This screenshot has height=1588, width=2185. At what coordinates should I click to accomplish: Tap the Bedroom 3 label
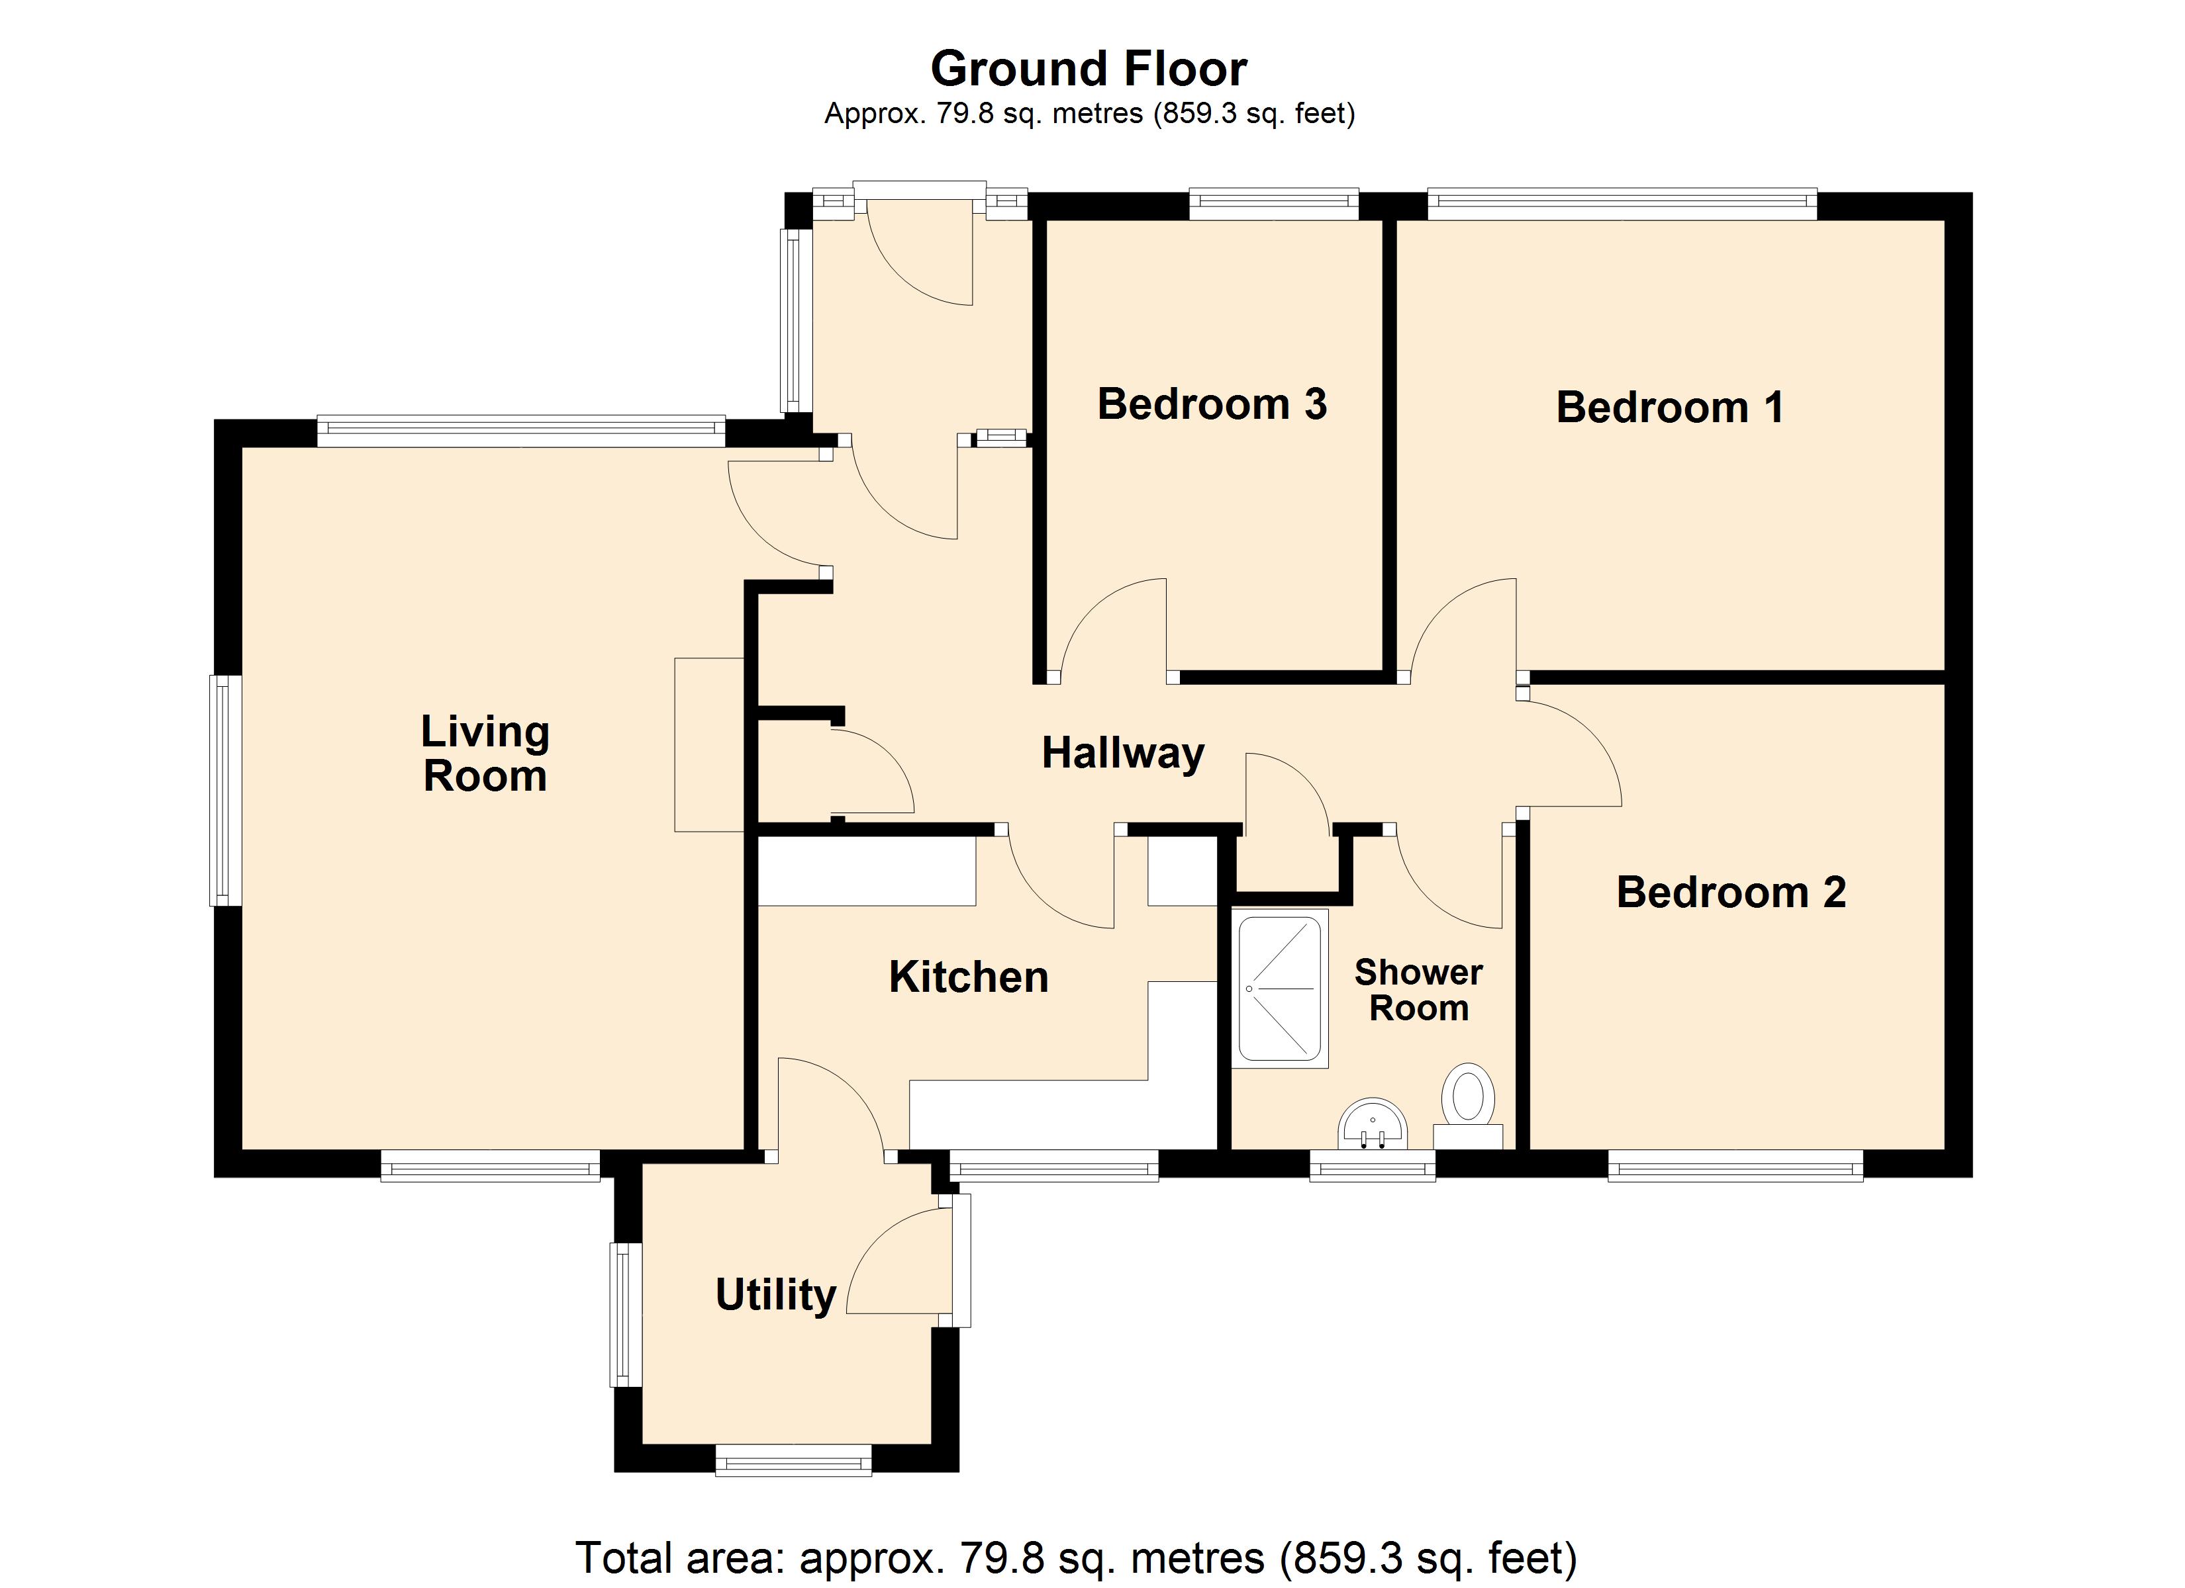point(1212,404)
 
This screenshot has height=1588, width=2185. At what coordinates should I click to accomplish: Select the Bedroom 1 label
point(1670,408)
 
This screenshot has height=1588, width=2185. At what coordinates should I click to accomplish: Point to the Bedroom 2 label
point(1731,892)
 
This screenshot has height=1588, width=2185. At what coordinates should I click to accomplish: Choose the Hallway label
point(1124,753)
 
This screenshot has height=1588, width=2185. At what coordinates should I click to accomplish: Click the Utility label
point(775,1296)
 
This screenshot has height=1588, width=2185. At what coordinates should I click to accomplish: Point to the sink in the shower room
point(1373,1124)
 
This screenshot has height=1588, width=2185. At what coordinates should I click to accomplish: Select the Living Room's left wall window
point(225,789)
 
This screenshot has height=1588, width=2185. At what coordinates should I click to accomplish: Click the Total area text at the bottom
point(1076,1557)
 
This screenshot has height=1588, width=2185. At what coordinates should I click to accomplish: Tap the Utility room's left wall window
point(626,1315)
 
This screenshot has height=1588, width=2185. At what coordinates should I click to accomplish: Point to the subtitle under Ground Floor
point(1090,114)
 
